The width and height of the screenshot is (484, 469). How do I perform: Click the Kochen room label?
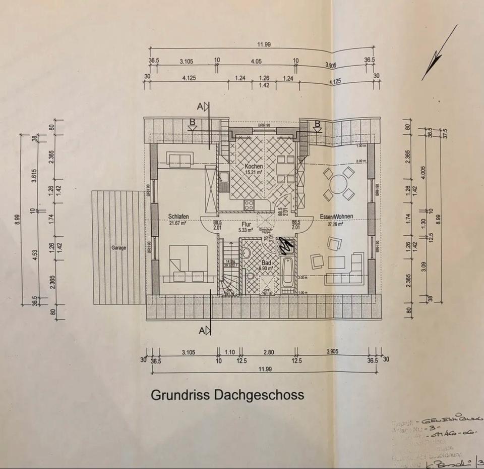coord(254,166)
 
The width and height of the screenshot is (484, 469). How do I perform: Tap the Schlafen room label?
coord(178,217)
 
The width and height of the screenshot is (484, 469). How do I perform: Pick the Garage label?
coord(119,248)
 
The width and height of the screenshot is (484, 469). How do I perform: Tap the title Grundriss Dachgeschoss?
coord(227,394)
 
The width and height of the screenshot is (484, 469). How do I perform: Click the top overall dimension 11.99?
coord(264,44)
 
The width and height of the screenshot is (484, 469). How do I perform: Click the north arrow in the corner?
coord(439,53)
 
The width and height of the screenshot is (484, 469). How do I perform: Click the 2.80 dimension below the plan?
coord(268,352)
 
